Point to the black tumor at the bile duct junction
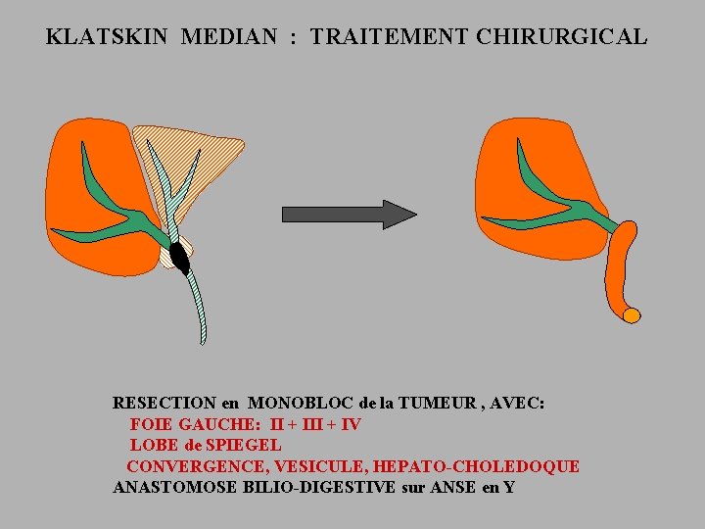179,257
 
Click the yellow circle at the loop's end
632,315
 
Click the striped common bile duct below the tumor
196,304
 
